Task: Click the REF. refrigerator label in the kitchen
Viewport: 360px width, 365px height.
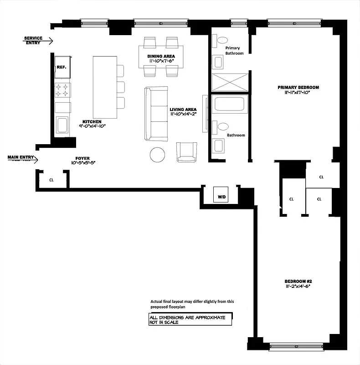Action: [62, 67]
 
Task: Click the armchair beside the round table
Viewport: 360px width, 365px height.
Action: [187, 152]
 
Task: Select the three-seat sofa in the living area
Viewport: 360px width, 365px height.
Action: [155, 113]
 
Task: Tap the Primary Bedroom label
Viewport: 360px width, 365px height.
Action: [298, 87]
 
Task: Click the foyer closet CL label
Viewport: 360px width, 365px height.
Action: [51, 180]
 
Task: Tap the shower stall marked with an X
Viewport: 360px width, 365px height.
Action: [230, 83]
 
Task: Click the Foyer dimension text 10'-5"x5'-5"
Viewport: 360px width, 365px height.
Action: [83, 163]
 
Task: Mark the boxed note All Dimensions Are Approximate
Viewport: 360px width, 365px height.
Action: [190, 319]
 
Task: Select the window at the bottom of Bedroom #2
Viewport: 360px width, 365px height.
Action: [298, 346]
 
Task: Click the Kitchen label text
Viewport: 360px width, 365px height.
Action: [92, 121]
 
